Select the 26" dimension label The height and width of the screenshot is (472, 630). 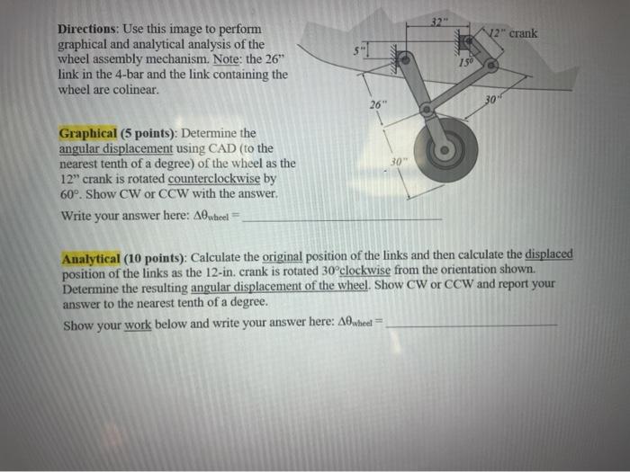click(x=376, y=105)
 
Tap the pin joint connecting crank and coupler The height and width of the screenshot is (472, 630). click(x=490, y=66)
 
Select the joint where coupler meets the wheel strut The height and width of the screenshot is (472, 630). click(x=426, y=110)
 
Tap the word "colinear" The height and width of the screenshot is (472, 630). click(x=133, y=90)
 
